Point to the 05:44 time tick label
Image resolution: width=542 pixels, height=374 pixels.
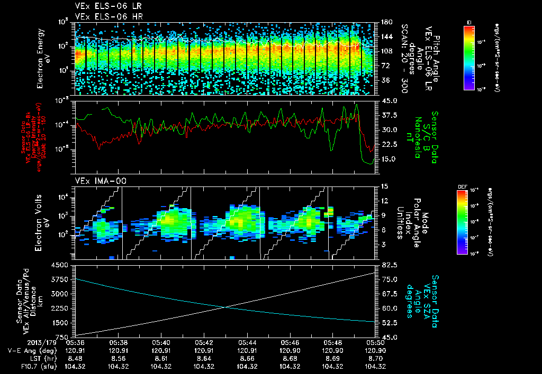pos(247,342)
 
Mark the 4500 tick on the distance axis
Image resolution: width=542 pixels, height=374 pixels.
pos(59,265)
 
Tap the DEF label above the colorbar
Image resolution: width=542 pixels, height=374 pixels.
pos(461,186)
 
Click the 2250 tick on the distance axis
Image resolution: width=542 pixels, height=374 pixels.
pos(59,308)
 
